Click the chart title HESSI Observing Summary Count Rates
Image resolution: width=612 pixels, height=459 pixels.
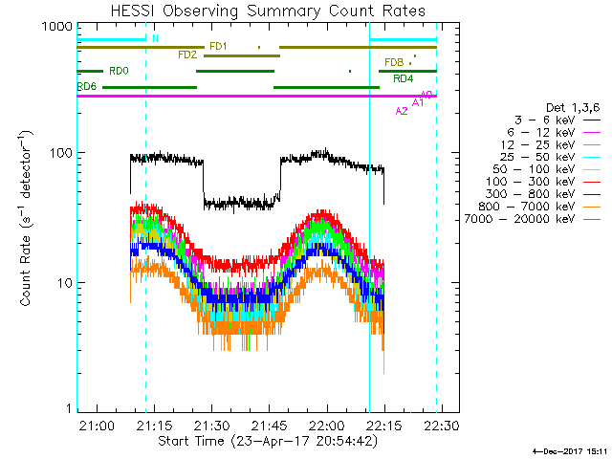[257, 11]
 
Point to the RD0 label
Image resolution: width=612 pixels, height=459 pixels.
[119, 71]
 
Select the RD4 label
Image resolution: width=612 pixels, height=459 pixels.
[404, 78]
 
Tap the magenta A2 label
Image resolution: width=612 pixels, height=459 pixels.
[402, 111]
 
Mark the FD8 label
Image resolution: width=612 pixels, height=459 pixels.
[394, 62]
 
